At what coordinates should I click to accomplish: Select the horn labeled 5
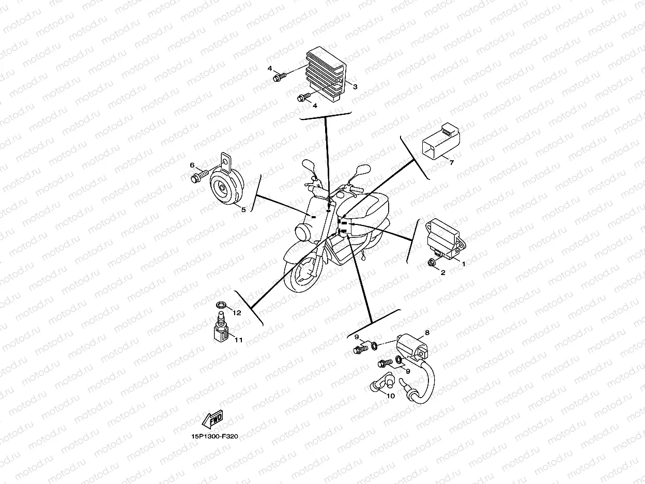pos(225,188)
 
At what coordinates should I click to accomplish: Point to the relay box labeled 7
pos(440,141)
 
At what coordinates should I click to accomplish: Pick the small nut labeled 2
pos(431,264)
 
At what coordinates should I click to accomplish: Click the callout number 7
pos(451,162)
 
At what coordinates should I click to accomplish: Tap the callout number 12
pos(237,313)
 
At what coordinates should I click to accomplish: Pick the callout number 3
pos(355,87)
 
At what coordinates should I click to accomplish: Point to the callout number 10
pos(390,396)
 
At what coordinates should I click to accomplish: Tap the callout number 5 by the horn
pos(243,209)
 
